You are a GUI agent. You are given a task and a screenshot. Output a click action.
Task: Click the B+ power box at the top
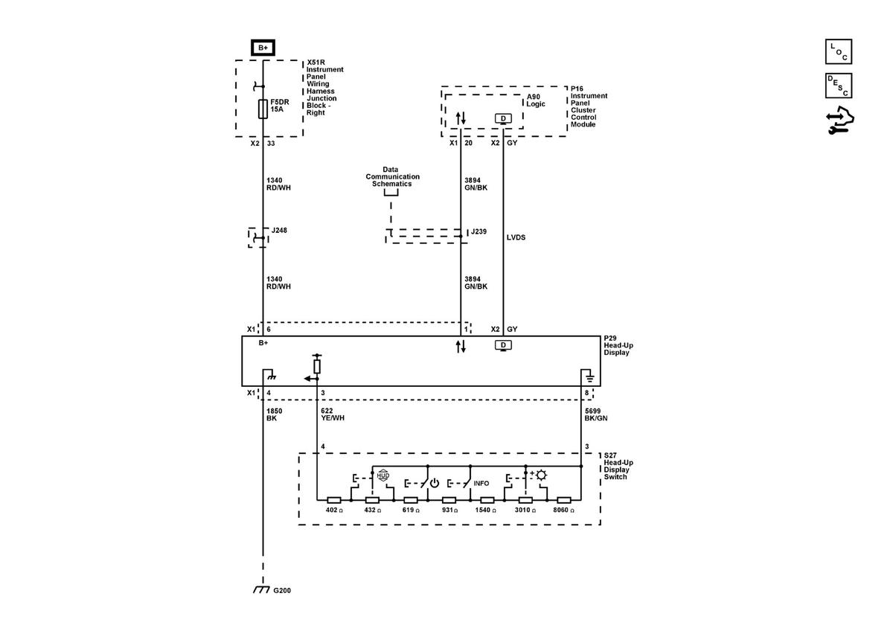click(x=263, y=48)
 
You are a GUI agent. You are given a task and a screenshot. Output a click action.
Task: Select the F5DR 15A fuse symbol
click(x=263, y=109)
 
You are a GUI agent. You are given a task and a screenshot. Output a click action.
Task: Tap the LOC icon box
click(x=839, y=51)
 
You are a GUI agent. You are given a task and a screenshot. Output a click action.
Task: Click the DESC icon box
click(x=839, y=86)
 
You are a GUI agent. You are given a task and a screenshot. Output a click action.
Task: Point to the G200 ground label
click(x=282, y=591)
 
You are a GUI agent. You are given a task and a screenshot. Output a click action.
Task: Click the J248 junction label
click(x=279, y=231)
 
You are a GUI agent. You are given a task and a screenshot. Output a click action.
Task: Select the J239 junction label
click(x=478, y=231)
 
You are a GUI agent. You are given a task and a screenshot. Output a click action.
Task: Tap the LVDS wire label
click(x=516, y=237)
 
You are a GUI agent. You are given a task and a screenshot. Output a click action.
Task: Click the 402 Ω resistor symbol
click(x=333, y=500)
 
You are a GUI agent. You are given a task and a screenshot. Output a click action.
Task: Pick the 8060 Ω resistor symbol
click(x=564, y=500)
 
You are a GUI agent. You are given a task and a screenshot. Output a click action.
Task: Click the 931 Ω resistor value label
click(x=449, y=510)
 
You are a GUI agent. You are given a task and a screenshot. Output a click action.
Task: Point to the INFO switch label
click(x=481, y=483)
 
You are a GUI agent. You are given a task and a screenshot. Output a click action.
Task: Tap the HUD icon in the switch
click(x=383, y=475)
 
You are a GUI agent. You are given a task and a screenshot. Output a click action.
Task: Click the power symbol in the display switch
click(x=434, y=483)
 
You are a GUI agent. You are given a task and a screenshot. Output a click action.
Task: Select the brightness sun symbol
click(x=542, y=475)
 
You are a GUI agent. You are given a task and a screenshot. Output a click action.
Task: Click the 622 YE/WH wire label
click(x=333, y=414)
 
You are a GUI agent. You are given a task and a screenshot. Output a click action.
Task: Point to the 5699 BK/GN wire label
click(x=596, y=414)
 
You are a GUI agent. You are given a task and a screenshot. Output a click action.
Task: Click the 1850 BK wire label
click(x=275, y=414)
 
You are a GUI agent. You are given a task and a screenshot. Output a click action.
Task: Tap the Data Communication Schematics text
click(x=392, y=176)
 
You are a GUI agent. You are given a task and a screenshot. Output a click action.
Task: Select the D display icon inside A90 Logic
click(x=503, y=119)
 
